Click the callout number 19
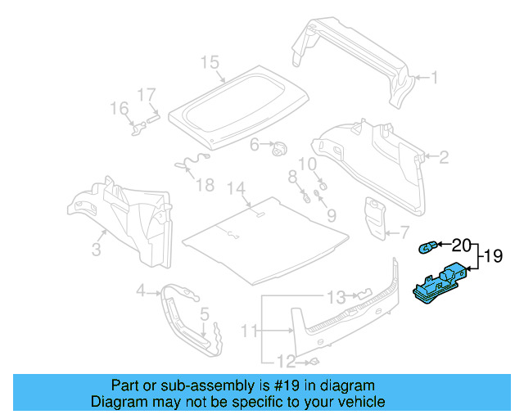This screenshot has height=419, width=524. (x=494, y=255)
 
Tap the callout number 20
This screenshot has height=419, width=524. (x=461, y=245)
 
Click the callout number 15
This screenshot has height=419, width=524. (x=210, y=62)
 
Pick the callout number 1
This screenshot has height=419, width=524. (x=435, y=79)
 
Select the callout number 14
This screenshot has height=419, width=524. (x=237, y=189)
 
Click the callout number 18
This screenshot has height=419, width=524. (x=205, y=185)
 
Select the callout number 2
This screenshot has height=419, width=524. (x=444, y=157)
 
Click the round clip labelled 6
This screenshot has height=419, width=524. (x=280, y=148)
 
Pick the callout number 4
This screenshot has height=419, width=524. (x=140, y=291)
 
